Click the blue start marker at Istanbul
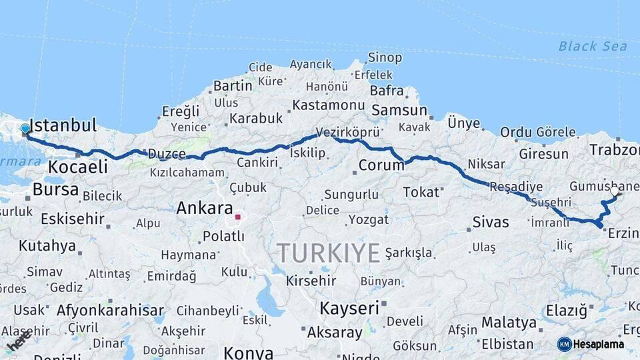click(25, 129)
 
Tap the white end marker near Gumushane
click(615, 191)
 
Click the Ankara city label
click(205, 208)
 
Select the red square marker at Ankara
click(238, 217)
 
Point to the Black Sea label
click(593, 46)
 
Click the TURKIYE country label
click(329, 253)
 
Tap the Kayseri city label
click(349, 308)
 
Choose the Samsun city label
click(399, 110)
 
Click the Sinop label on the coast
click(385, 58)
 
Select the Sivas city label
click(490, 222)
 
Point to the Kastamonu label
click(329, 105)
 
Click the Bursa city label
click(55, 190)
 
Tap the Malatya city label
click(509, 323)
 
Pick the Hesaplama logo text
click(599, 344)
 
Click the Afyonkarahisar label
click(110, 310)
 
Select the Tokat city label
click(421, 192)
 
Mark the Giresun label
click(543, 154)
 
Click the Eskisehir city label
click(73, 219)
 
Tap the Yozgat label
click(369, 219)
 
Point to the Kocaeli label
click(78, 167)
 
